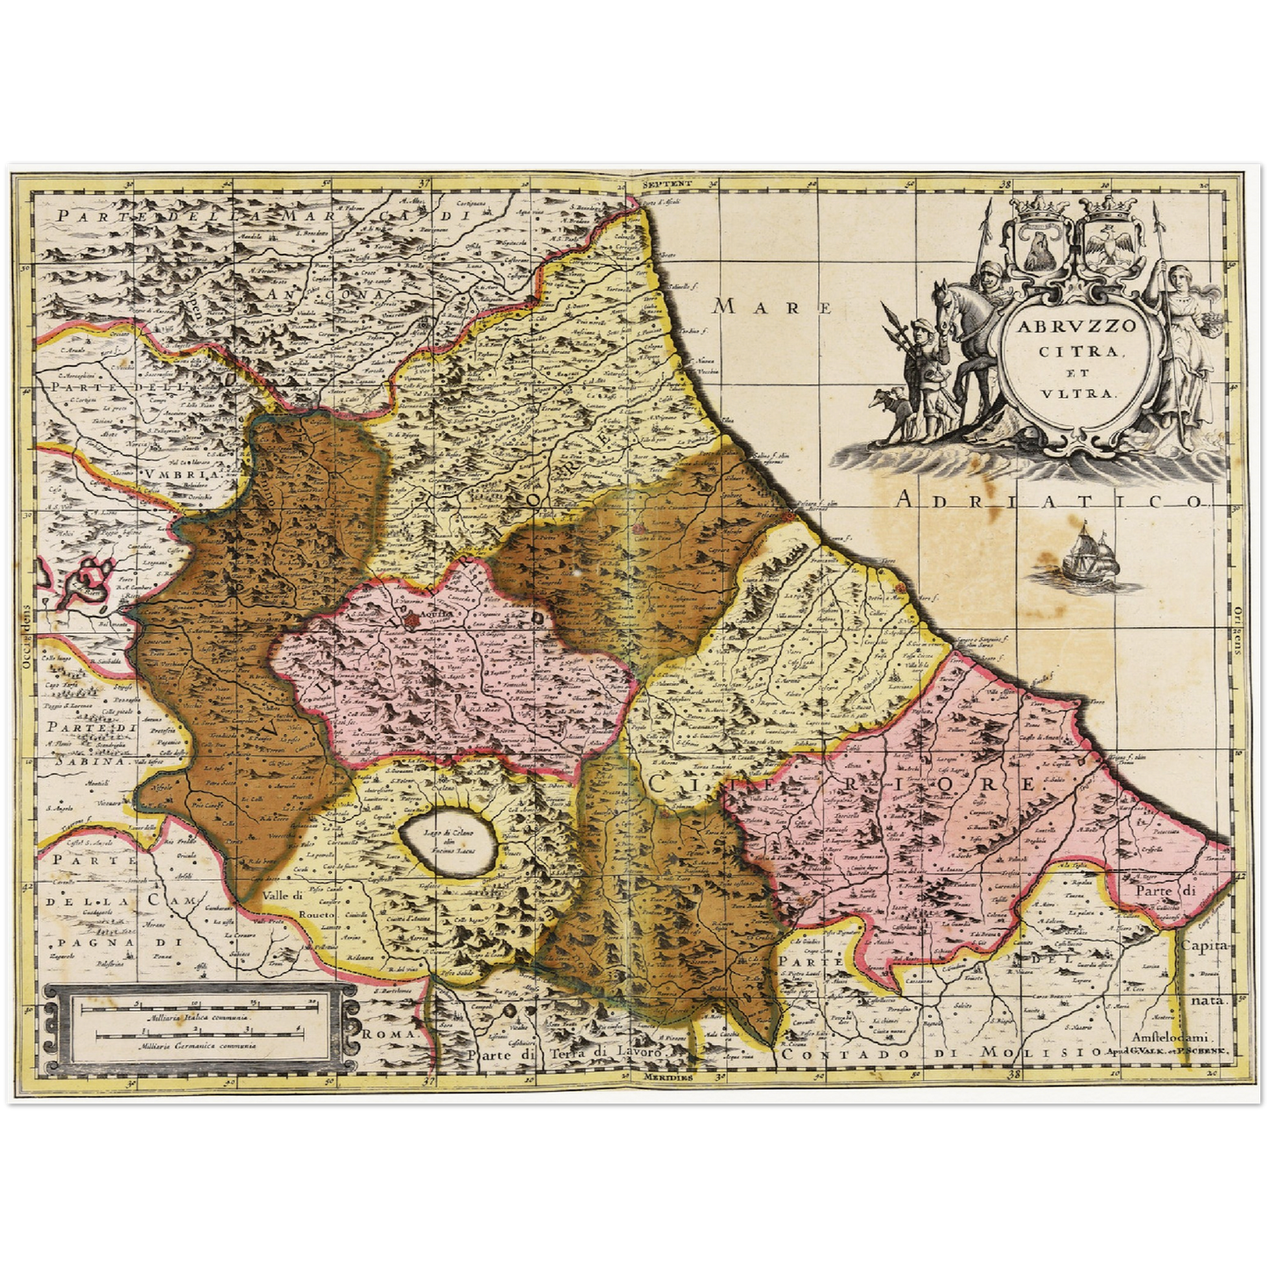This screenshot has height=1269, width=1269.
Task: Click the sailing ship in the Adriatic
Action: point(1091,559)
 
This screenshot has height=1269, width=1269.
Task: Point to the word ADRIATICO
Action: point(1049,501)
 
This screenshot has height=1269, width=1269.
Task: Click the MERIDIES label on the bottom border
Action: point(667,1076)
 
